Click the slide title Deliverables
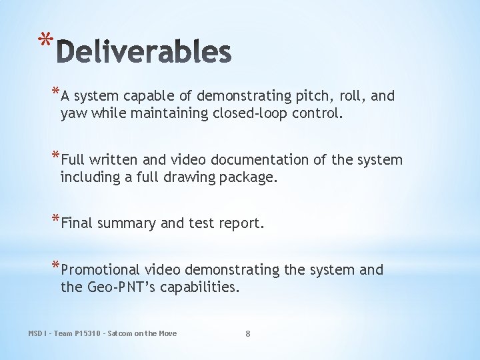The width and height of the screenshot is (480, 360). click(144, 52)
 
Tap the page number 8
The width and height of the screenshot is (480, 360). click(247, 333)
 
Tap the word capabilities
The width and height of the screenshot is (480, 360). click(199, 288)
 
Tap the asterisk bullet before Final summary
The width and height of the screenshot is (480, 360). click(55, 220)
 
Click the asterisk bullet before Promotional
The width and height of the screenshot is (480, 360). click(55, 266)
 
